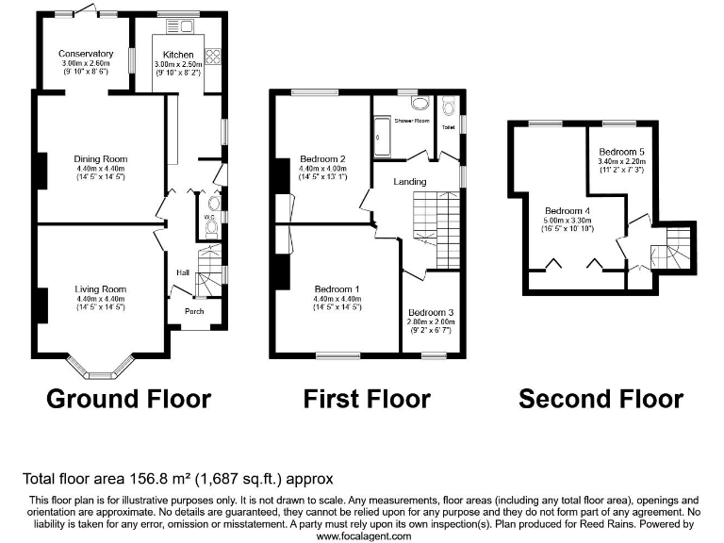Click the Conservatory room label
coord(86,54)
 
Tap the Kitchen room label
coord(178,54)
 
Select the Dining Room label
coord(101,159)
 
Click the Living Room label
coord(101,289)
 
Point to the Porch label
coord(194,311)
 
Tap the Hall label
coord(183,273)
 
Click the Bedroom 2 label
coord(323,158)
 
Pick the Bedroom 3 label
coord(431,312)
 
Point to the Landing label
coord(410,182)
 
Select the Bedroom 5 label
coord(622,152)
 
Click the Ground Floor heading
coord(128,399)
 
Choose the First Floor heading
coord(367,399)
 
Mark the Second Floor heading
coord(601,399)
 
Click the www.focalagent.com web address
coord(364,535)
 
